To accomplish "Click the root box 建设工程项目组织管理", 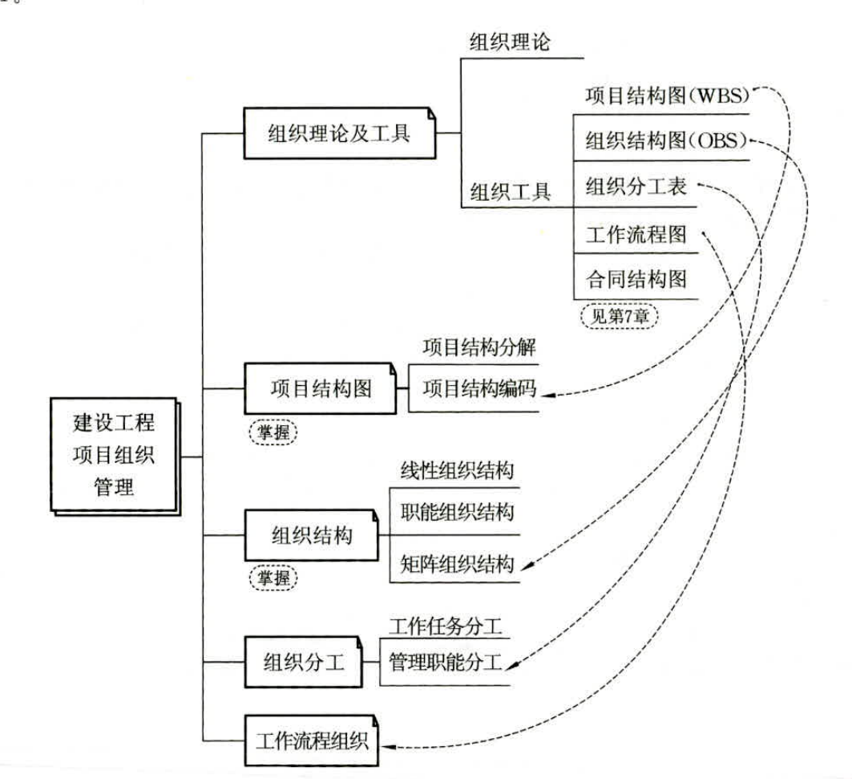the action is click(115, 456).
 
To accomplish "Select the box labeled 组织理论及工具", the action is click(340, 133).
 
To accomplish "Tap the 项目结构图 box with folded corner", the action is click(321, 388).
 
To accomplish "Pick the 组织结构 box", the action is click(311, 535).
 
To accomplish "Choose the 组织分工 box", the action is click(303, 662).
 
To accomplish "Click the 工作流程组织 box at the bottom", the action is click(311, 740).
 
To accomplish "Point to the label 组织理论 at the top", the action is click(510, 42).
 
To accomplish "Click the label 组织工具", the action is click(510, 192).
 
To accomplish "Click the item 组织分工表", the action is click(636, 187).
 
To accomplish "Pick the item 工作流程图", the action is click(636, 234).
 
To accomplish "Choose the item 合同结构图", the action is click(636, 279).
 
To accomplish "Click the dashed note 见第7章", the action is click(619, 316).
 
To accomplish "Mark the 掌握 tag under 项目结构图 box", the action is click(273, 432).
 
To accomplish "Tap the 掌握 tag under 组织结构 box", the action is click(273, 577).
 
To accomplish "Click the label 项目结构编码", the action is click(480, 388).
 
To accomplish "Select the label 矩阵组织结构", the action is click(457, 563).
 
